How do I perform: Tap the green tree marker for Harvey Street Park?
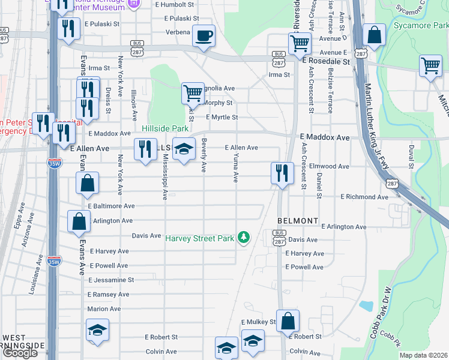point(244,238)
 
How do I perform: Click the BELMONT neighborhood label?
point(298,221)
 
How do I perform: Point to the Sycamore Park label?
point(421,26)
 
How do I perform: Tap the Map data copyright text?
point(423,355)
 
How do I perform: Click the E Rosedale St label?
point(326,62)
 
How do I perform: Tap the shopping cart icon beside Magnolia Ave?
point(193,93)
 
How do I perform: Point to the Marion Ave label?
point(104,309)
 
